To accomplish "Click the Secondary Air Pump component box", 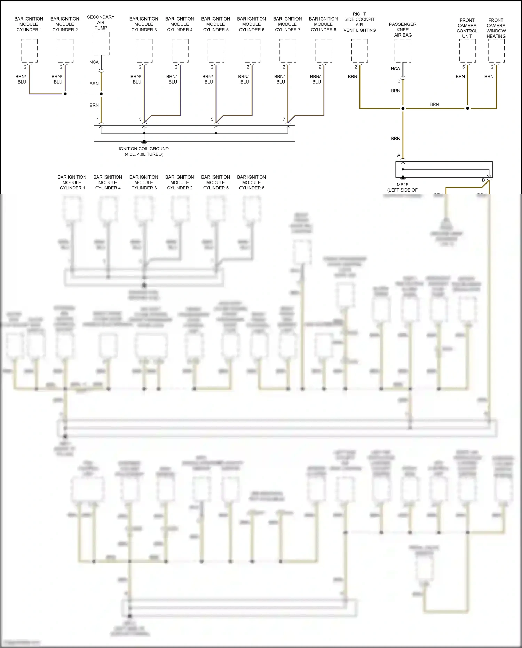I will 101,44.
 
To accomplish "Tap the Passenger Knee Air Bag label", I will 403,30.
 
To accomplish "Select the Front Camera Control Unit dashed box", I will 467,51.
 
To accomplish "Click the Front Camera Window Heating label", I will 496,28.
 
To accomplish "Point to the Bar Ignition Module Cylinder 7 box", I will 288,51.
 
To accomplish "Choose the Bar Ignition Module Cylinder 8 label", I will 323,24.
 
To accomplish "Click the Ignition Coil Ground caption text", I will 144,151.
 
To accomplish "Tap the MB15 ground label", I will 403,187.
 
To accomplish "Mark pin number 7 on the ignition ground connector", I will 284,119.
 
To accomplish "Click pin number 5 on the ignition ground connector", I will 212,119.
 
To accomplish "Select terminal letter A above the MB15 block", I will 399,155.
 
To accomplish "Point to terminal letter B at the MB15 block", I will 483,180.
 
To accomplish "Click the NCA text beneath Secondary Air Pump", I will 94,62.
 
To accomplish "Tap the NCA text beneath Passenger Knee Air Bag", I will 395,69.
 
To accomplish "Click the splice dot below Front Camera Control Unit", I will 467,108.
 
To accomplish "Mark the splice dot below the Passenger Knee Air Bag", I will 403,108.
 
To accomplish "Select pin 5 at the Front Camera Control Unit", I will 464,67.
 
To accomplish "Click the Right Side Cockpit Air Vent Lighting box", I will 360,51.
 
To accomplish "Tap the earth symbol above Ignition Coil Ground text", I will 144,142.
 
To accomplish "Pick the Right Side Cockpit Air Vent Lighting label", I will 359,22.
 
